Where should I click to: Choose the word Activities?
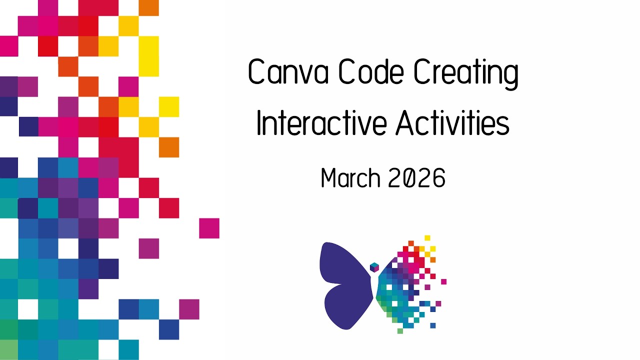click(452, 123)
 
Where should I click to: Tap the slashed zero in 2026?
click(408, 178)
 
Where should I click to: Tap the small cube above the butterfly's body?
click(374, 267)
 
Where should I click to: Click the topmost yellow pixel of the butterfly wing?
click(427, 238)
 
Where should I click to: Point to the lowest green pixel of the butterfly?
click(400, 330)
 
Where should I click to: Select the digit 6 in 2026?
click(438, 178)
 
